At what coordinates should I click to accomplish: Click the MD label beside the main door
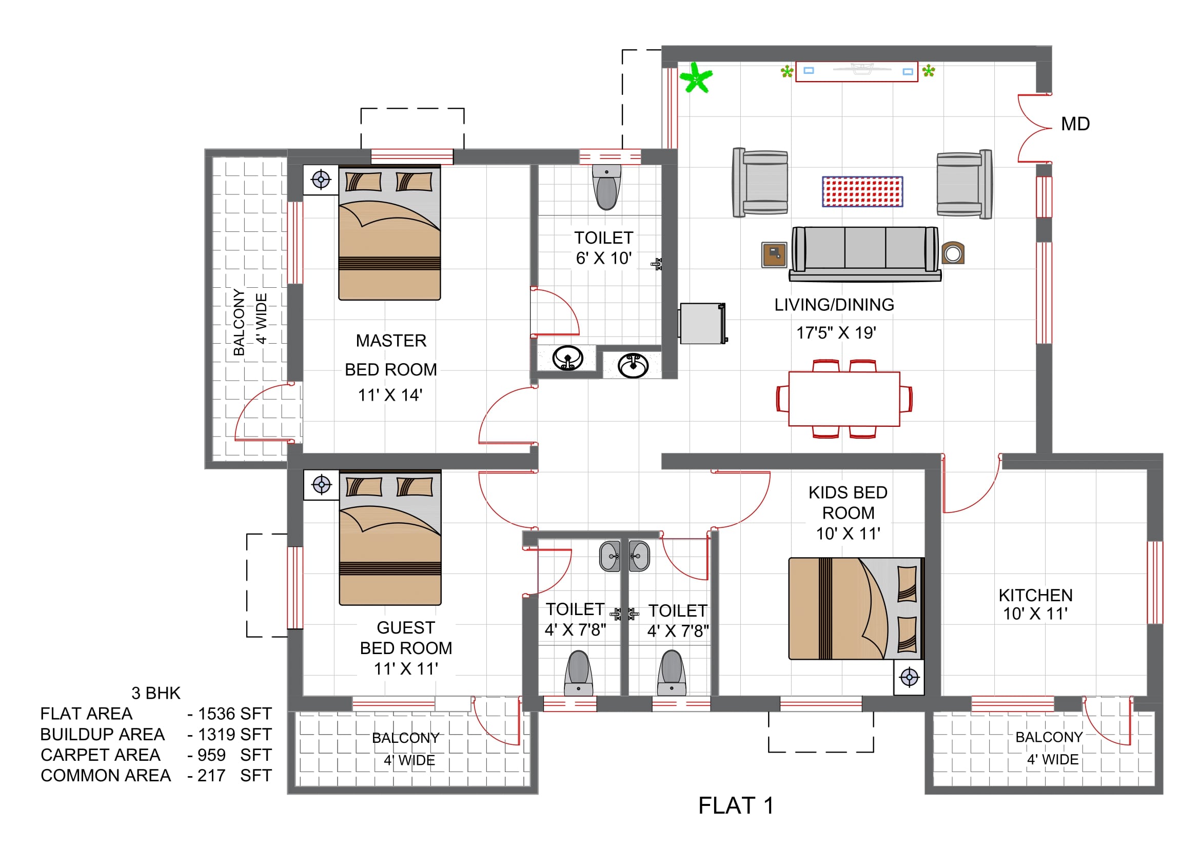(x=1075, y=124)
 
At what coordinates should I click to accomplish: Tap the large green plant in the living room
(x=696, y=78)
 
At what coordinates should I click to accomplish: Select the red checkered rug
(x=862, y=191)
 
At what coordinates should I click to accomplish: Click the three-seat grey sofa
(x=865, y=254)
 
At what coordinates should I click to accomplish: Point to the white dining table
(x=844, y=399)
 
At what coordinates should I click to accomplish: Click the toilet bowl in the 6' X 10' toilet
(x=606, y=187)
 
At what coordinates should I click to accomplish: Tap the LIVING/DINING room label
(x=834, y=305)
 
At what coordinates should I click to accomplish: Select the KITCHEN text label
(x=1035, y=595)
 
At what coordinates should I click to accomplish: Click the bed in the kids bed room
(x=856, y=609)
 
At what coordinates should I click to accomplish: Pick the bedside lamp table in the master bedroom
(x=321, y=180)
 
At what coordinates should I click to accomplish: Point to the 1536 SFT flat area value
(x=234, y=714)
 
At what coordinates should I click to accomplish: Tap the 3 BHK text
(x=156, y=693)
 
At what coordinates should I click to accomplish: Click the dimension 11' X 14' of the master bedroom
(x=390, y=395)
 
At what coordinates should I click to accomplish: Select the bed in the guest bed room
(x=390, y=538)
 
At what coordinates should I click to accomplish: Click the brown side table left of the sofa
(x=774, y=255)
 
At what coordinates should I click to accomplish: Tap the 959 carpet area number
(x=212, y=755)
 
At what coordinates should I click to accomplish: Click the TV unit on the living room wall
(x=857, y=72)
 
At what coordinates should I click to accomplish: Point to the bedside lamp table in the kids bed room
(x=909, y=678)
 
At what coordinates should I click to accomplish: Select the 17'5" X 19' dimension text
(x=836, y=332)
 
